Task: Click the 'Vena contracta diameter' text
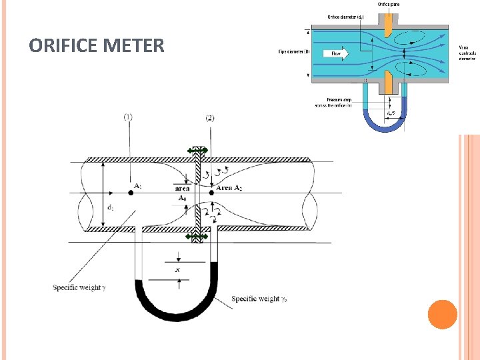pos(467,53)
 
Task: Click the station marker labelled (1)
pos(128,117)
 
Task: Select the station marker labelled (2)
pos(211,117)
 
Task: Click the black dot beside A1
pos(131,193)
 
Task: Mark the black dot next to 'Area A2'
pos(211,193)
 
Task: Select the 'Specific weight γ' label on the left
pos(77,287)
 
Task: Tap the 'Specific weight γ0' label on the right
pos(261,299)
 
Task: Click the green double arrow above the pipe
pos(198,151)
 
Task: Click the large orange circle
pos(442,314)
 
